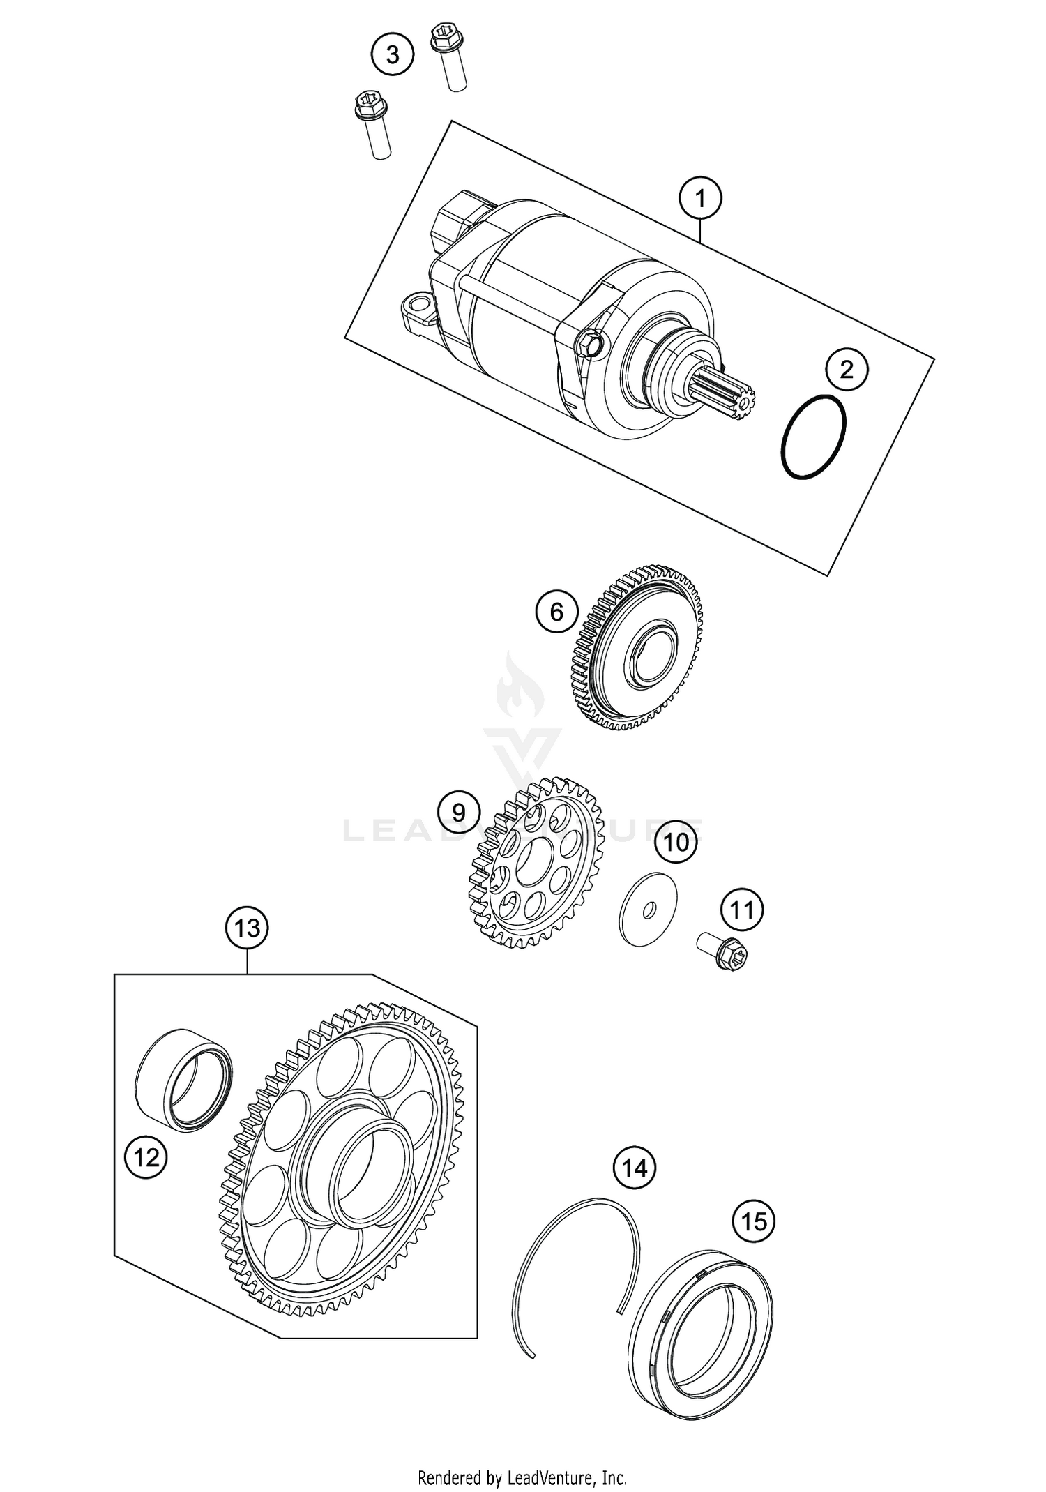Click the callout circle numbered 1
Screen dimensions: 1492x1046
(700, 199)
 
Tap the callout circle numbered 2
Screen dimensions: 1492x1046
(846, 369)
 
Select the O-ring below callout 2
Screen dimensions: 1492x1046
(814, 437)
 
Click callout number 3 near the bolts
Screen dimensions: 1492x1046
(392, 54)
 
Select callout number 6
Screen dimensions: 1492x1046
(556, 612)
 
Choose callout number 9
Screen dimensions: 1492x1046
(458, 812)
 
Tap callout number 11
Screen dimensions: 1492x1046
(741, 910)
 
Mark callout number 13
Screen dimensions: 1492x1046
(247, 928)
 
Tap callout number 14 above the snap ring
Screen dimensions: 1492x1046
(634, 1166)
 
